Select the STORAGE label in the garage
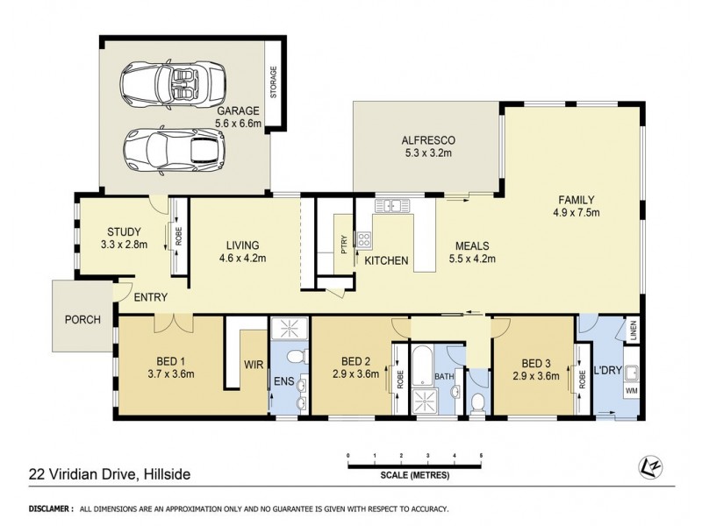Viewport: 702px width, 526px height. tap(275, 82)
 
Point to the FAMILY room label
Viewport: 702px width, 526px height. tap(575, 199)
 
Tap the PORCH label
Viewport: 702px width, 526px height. tap(83, 319)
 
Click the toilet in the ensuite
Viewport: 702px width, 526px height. tap(297, 357)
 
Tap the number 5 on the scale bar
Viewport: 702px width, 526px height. tap(481, 456)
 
